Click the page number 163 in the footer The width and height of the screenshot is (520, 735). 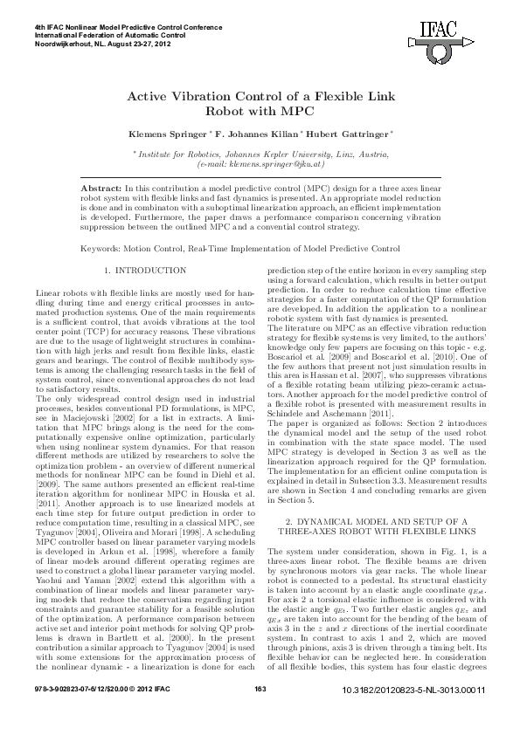260,715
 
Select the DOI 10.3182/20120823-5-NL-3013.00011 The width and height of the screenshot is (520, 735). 414,716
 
